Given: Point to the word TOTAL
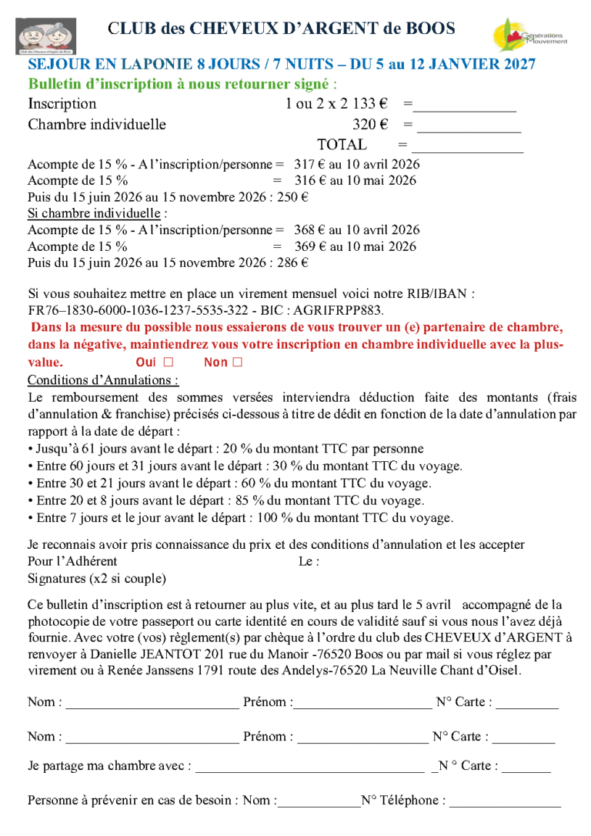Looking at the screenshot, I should (x=342, y=144).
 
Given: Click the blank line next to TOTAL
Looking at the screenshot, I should (x=467, y=146).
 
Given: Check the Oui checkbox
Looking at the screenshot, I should (x=168, y=362).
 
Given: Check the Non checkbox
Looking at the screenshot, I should (x=237, y=362).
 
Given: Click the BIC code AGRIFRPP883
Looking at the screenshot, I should (x=339, y=310).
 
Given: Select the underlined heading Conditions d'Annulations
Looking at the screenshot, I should (x=103, y=380).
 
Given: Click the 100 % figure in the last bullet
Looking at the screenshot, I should (x=302, y=517).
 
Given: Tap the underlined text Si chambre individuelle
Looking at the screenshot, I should (x=95, y=213).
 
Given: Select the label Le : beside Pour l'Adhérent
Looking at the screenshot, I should (x=309, y=562).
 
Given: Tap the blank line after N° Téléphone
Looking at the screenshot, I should (x=505, y=802).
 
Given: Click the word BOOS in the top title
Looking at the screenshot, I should (x=430, y=29).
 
